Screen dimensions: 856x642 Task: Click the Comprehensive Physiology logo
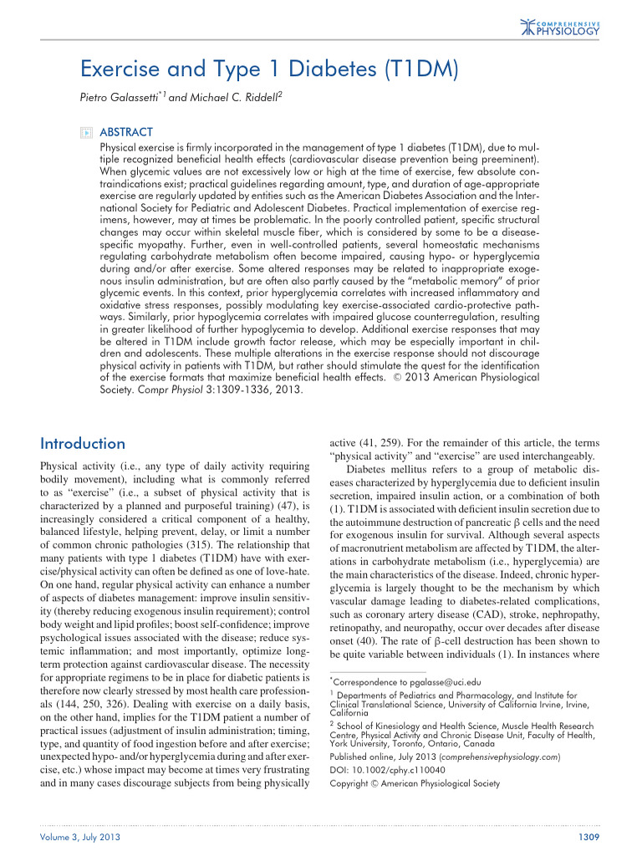click(560, 27)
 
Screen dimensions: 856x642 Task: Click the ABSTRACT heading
click(125, 132)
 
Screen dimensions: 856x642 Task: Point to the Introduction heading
click(83, 443)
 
